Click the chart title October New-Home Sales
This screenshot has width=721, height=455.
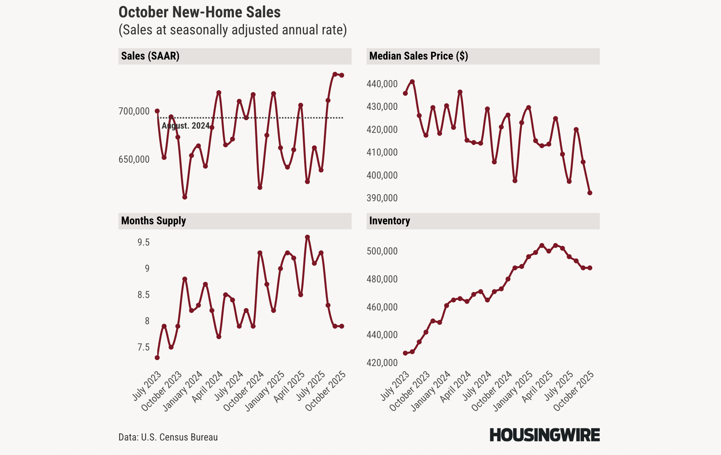click(199, 12)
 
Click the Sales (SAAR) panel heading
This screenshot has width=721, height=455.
click(150, 56)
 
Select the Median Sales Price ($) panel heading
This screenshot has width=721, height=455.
click(418, 56)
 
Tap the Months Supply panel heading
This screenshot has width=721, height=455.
click(153, 221)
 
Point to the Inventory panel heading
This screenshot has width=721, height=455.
click(390, 221)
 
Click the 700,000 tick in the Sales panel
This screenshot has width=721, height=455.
click(134, 111)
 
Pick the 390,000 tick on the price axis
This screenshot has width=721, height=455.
click(382, 198)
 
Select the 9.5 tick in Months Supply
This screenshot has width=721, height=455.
click(144, 242)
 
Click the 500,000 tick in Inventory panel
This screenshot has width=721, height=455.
click(382, 251)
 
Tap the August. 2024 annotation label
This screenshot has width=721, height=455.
click(186, 126)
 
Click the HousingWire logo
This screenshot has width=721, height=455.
click(544, 435)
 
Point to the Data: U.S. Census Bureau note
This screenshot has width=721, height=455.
click(168, 437)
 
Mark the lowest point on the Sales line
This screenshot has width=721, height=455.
click(185, 197)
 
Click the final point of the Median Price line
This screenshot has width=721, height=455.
click(590, 193)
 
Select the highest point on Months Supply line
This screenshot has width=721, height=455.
click(307, 237)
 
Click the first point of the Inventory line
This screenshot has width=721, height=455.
click(405, 353)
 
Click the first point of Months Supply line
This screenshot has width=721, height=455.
click(157, 358)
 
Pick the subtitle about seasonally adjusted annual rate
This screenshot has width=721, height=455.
click(233, 30)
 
